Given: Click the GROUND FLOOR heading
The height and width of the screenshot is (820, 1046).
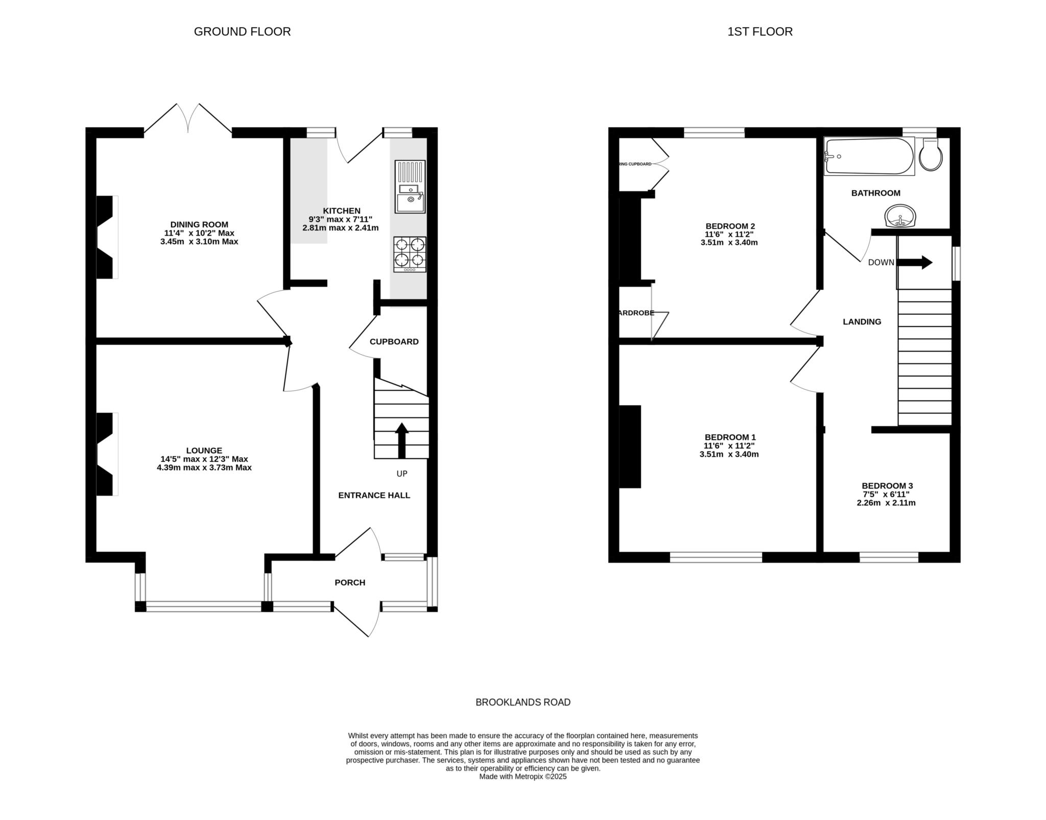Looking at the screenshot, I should (x=242, y=32).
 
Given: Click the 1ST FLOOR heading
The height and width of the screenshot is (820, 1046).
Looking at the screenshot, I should (x=759, y=32).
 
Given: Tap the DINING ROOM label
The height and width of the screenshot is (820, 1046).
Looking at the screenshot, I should (x=199, y=224).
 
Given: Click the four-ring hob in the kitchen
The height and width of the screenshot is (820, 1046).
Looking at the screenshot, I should (x=410, y=254).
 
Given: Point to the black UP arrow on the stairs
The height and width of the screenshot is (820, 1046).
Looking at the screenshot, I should (x=402, y=440).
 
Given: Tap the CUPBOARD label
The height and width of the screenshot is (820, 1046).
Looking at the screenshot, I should (x=394, y=342).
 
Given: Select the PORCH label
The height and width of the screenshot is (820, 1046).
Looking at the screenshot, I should (x=350, y=582).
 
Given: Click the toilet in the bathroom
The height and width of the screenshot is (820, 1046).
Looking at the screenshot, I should (x=931, y=155).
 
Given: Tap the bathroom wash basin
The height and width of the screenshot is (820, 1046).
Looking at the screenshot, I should (x=901, y=217).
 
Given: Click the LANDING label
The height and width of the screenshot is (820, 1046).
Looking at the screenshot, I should (x=862, y=322).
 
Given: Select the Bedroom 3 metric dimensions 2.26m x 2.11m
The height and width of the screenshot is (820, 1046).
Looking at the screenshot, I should (x=886, y=503).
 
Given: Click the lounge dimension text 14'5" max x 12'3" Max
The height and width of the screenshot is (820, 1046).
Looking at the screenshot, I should (x=204, y=459).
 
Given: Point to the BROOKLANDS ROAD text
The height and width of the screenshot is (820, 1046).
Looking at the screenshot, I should (x=522, y=702).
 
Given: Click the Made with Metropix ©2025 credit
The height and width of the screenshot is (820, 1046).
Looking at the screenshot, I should (x=522, y=776).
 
